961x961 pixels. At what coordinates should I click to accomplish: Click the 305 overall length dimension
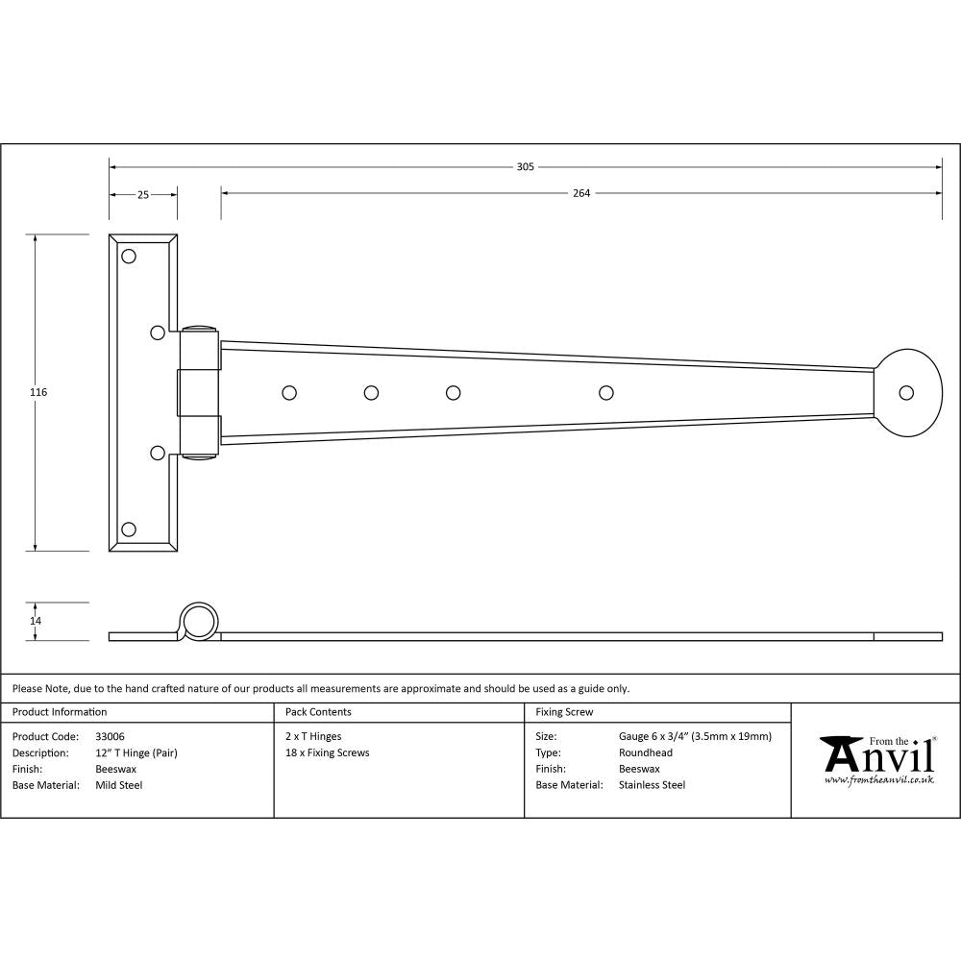click(x=525, y=166)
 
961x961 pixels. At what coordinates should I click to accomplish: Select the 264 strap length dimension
click(x=580, y=193)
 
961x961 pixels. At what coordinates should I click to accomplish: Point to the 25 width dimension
click(x=142, y=194)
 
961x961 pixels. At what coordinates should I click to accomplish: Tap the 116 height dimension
click(x=38, y=392)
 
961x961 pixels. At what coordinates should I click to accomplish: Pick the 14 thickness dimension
click(x=36, y=621)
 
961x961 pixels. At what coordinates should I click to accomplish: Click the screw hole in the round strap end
click(x=905, y=392)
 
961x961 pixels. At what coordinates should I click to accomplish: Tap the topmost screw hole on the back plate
click(x=129, y=257)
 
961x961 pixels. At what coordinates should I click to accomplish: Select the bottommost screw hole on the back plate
click(x=129, y=529)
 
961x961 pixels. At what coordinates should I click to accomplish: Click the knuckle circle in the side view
click(x=200, y=622)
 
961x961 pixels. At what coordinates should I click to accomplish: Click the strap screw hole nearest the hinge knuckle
click(x=288, y=392)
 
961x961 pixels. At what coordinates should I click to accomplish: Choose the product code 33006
click(x=111, y=736)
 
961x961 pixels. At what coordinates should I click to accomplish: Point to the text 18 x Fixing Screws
click(x=327, y=752)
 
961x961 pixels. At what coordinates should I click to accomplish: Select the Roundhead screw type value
click(x=645, y=752)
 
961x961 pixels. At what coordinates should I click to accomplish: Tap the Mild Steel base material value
click(x=118, y=785)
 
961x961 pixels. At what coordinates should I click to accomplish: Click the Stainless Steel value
click(x=652, y=785)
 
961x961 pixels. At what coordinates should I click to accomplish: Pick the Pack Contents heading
click(x=318, y=712)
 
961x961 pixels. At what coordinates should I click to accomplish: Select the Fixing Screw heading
click(x=564, y=712)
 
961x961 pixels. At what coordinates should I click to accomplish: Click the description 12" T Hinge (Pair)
click(x=136, y=752)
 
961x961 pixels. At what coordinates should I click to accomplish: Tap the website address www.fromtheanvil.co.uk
click(x=878, y=779)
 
